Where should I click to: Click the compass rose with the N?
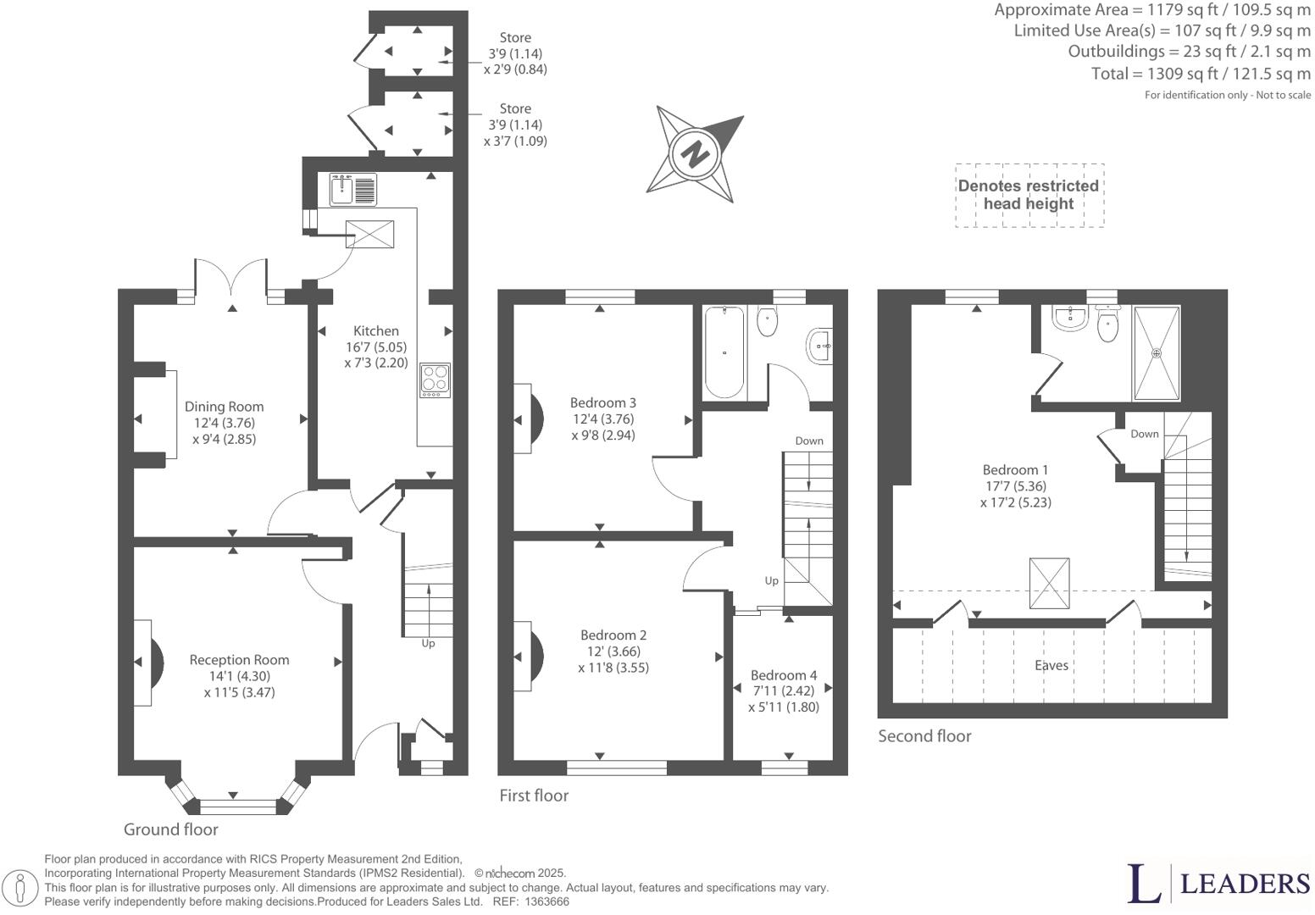695,154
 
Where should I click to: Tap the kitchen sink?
353,188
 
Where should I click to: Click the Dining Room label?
224,407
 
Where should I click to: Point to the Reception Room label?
239,660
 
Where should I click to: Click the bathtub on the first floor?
724,352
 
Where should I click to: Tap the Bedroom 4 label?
784,675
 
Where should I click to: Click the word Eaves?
1051,666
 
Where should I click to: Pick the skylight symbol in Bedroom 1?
1049,583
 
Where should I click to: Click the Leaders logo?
1218,884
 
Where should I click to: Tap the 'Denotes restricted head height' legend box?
1029,195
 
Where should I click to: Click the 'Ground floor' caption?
171,830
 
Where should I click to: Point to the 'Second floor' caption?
924,736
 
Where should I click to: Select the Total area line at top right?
1200,74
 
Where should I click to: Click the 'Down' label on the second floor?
1144,434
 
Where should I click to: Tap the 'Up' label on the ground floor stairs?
428,643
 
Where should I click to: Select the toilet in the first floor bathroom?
767,322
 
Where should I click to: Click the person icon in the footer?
25,889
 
